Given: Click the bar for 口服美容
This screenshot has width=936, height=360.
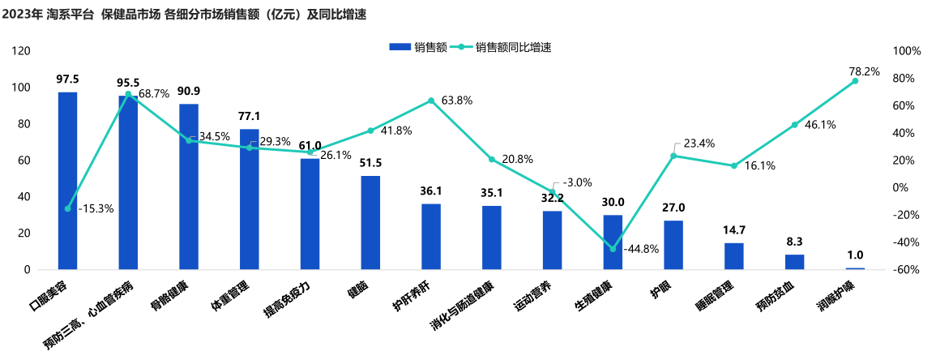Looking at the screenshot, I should [x=67, y=180].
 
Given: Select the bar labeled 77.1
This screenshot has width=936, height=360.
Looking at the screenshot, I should [x=250, y=199].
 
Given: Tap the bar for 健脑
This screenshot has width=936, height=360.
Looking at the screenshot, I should [x=370, y=222].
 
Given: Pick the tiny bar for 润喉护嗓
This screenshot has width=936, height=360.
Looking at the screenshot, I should [x=855, y=268].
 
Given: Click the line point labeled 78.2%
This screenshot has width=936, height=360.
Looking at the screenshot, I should [x=855, y=81].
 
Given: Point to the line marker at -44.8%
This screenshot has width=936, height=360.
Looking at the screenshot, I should [x=613, y=249].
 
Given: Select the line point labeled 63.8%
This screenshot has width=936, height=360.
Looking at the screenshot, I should [x=431, y=101].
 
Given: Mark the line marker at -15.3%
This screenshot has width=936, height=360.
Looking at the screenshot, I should [x=67, y=208].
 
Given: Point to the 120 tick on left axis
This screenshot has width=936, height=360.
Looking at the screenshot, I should [x=22, y=51].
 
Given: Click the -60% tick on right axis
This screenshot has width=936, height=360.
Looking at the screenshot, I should [x=905, y=270].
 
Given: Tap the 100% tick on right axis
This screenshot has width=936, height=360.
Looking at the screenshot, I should [x=906, y=51].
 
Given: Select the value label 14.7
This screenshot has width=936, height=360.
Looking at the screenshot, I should [x=734, y=230].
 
